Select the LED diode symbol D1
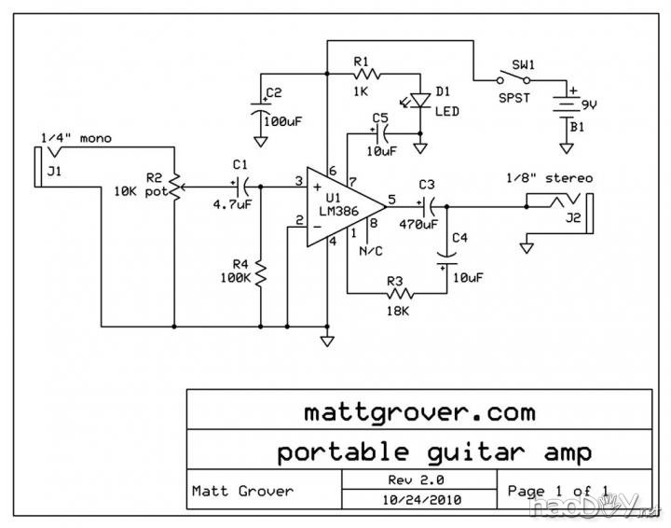point(419,99)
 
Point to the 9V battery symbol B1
point(565,104)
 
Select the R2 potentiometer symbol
point(174,187)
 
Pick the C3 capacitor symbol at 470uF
point(428,204)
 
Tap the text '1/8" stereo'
point(549,177)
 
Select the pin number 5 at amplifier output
point(391,198)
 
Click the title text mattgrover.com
point(419,410)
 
